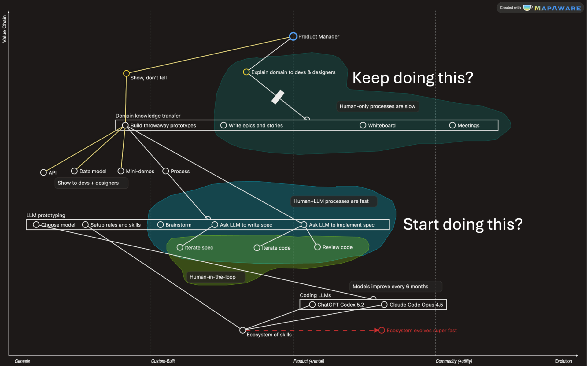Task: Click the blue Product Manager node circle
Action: click(293, 36)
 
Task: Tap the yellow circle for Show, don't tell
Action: click(126, 73)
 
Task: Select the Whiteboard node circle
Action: click(363, 125)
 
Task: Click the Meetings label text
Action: click(468, 125)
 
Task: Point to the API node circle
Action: click(43, 172)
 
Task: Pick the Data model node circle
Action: click(74, 171)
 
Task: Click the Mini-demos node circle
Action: click(121, 171)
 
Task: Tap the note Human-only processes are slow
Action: click(378, 106)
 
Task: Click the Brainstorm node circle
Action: click(161, 225)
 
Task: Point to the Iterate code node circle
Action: click(257, 248)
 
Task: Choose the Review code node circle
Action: click(317, 247)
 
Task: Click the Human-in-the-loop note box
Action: click(216, 277)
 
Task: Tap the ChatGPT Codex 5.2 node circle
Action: click(312, 305)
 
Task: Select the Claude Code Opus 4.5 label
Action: click(416, 305)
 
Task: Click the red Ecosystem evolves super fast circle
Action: click(382, 330)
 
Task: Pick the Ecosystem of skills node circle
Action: click(242, 330)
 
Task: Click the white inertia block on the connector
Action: click(278, 97)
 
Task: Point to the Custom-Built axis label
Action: click(163, 361)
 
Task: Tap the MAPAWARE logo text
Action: click(557, 8)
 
